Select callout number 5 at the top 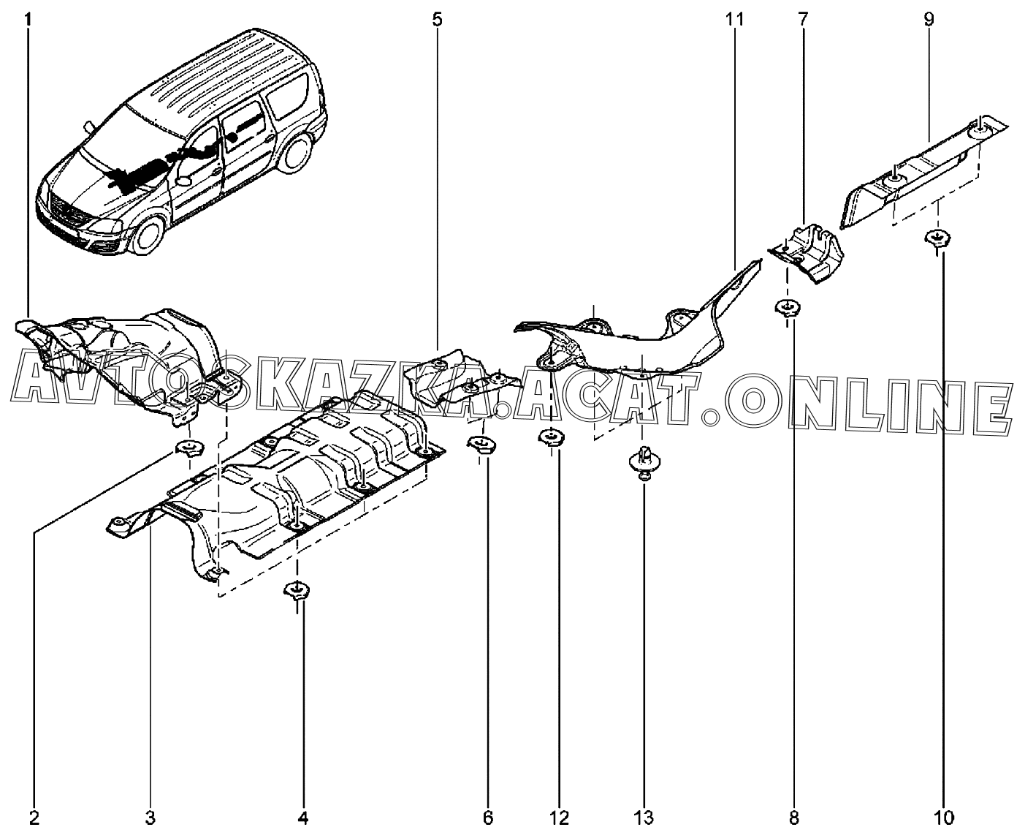(437, 19)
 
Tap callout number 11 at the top (734, 19)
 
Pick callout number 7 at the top (802, 19)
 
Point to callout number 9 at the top (929, 19)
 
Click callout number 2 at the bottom (34, 817)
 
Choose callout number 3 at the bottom (150, 817)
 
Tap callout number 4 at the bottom (303, 817)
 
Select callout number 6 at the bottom (488, 817)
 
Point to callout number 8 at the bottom (795, 817)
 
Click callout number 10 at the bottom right (943, 817)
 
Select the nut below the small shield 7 (787, 307)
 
